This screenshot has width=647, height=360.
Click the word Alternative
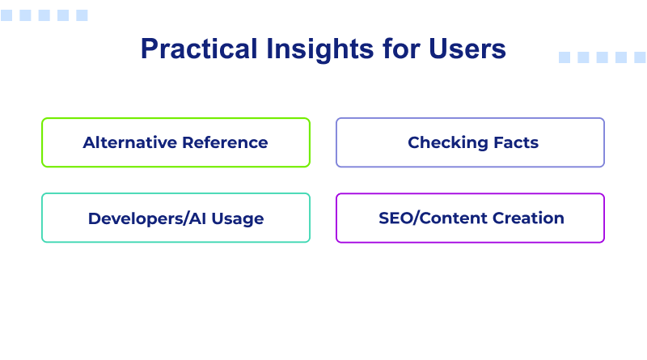click(x=129, y=142)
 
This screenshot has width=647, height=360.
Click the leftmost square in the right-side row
click(x=565, y=57)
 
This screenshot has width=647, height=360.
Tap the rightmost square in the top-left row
click(x=82, y=15)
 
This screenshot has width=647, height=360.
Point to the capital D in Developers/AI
click(x=94, y=218)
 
